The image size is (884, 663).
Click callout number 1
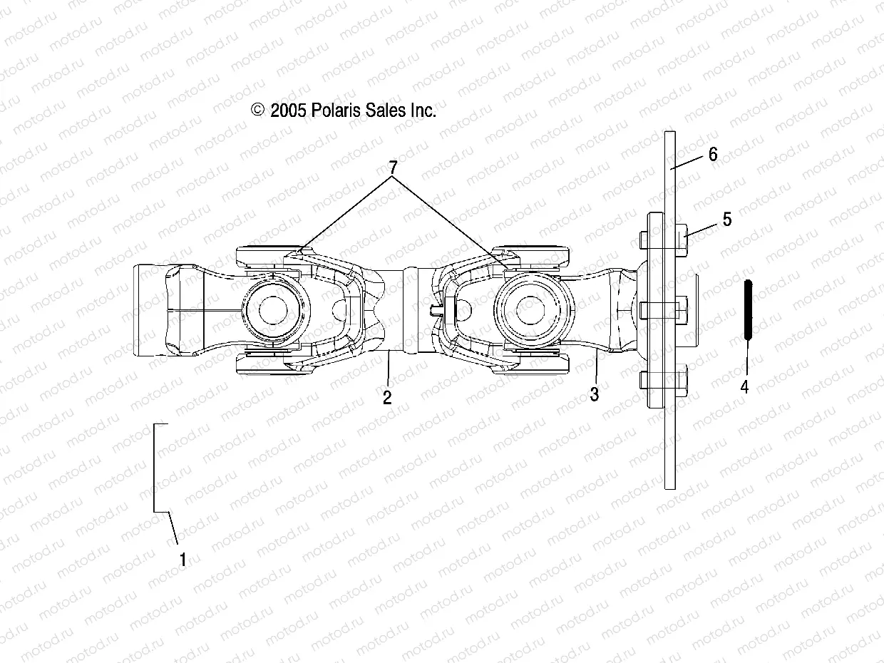[183, 560]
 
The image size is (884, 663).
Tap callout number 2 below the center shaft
[387, 398]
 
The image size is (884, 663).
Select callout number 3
[595, 394]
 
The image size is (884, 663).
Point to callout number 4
[745, 387]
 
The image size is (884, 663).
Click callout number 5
[726, 220]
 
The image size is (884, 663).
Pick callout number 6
[712, 155]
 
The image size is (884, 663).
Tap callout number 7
[392, 168]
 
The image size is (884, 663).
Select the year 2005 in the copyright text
[288, 110]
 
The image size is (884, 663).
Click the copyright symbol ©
[257, 110]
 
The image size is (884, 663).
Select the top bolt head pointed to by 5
[680, 235]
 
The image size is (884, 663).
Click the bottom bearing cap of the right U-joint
[531, 363]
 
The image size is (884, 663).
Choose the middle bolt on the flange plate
[680, 310]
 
